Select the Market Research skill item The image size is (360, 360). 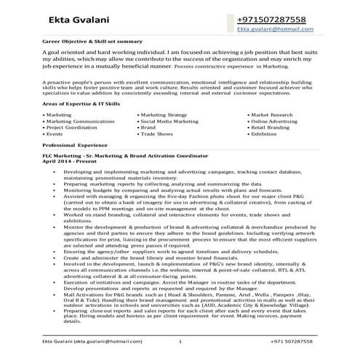pos(276,115)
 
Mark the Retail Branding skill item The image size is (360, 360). pos(273,128)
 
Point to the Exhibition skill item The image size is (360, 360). pos(266,135)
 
